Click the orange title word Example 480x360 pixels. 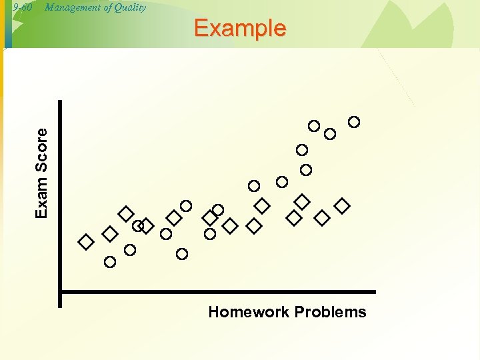click(x=240, y=28)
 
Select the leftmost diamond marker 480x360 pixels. click(x=86, y=242)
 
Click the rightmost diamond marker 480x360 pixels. click(x=342, y=206)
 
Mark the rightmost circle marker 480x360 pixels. click(x=354, y=121)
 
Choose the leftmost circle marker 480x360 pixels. click(x=110, y=262)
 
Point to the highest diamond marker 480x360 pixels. click(x=302, y=201)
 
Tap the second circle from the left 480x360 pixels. click(x=130, y=250)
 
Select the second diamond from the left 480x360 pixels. click(x=110, y=234)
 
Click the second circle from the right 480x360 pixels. click(x=330, y=134)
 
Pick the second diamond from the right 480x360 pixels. click(x=322, y=218)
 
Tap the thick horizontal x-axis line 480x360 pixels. click(x=220, y=292)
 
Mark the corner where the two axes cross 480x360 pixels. click(x=60, y=292)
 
